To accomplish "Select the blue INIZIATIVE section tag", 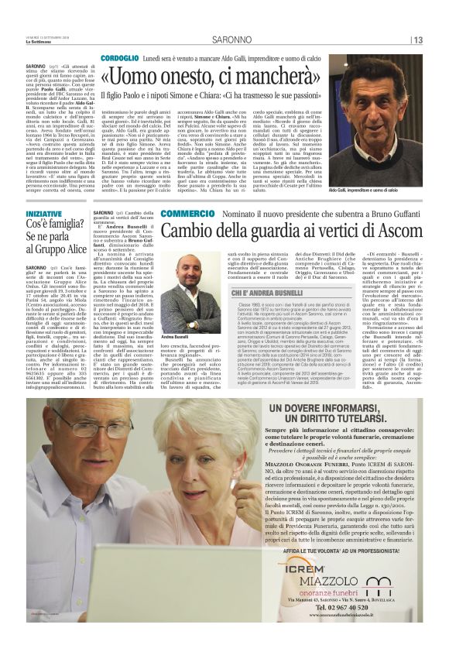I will [x=44, y=212].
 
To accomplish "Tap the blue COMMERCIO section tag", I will [x=166, y=213].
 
